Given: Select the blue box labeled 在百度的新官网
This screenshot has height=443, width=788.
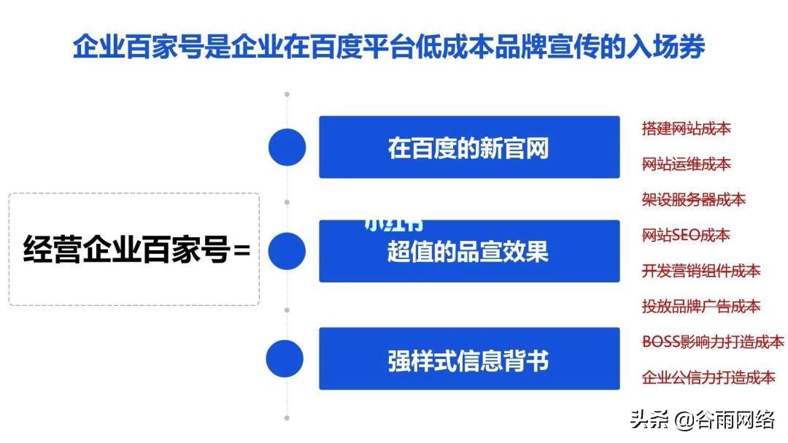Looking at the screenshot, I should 468,147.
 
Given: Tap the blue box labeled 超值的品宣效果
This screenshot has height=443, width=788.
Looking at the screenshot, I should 468,253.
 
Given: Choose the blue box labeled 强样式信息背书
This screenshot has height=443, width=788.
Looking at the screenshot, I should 468,360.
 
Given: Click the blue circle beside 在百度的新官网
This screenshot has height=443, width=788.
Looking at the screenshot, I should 287,147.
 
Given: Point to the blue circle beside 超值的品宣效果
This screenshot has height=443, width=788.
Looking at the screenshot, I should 287,250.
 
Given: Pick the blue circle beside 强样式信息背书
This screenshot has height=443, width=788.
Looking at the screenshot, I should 285,359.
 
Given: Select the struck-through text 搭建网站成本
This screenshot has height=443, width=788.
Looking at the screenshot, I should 686,129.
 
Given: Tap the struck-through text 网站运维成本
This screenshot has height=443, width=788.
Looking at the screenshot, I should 686,164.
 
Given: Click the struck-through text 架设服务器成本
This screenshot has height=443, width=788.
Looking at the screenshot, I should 693,199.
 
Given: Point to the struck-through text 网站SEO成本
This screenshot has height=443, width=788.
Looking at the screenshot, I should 686,235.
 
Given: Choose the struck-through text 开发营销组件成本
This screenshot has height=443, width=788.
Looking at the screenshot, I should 700,271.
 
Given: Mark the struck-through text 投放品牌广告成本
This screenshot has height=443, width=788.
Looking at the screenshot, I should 700,306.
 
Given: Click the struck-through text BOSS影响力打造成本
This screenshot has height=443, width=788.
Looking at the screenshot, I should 713,342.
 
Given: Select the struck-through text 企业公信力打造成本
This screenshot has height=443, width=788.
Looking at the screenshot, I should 708,377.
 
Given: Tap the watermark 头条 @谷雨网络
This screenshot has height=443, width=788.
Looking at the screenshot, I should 703,420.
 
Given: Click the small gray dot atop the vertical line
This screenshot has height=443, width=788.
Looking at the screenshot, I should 287,94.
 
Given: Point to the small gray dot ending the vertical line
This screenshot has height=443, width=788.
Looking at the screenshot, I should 287,418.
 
